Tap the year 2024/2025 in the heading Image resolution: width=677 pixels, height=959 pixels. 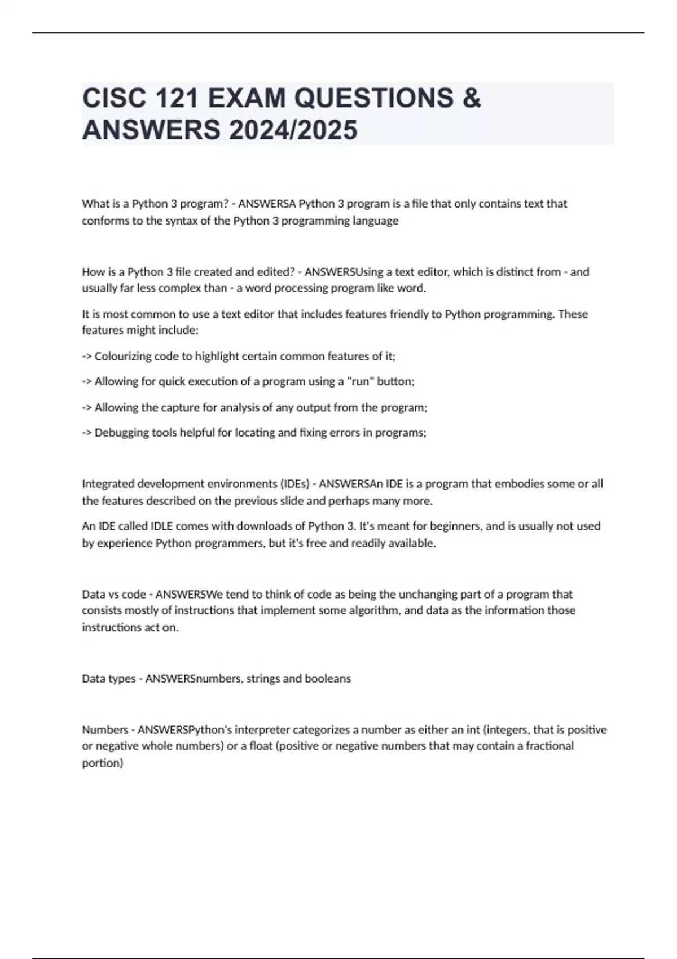point(293,130)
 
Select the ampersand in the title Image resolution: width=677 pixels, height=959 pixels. point(472,98)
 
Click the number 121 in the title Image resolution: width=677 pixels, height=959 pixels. point(174,98)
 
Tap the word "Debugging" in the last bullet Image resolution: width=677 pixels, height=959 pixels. point(122,433)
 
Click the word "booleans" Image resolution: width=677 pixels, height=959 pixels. point(328,679)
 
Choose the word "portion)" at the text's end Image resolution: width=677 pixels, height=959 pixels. point(102,763)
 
